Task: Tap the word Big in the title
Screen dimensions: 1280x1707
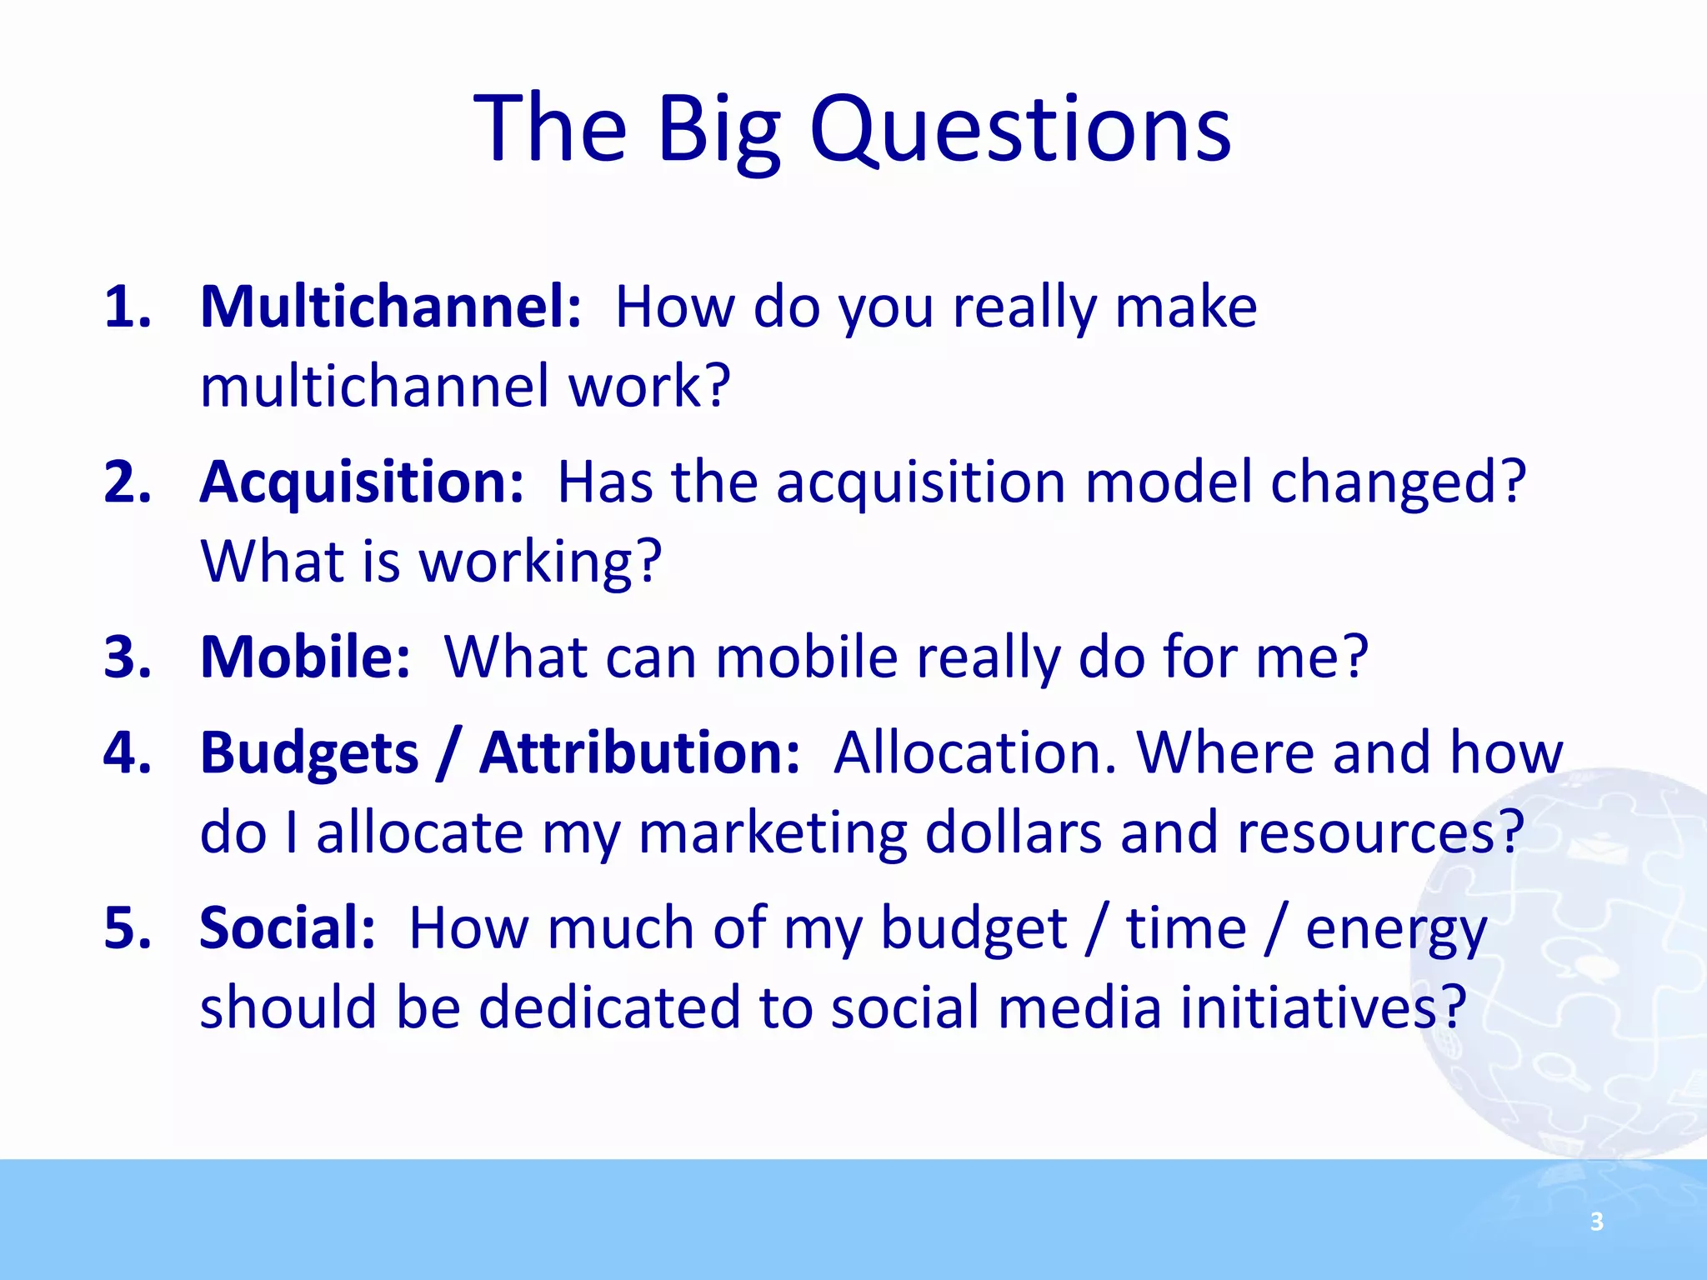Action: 718,129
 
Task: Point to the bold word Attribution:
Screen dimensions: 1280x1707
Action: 639,752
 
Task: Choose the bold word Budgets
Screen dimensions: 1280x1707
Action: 309,752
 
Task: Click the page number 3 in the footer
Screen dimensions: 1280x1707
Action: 1596,1222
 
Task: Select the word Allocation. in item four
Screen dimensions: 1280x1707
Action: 974,752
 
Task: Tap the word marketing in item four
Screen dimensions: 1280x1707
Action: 772,832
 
